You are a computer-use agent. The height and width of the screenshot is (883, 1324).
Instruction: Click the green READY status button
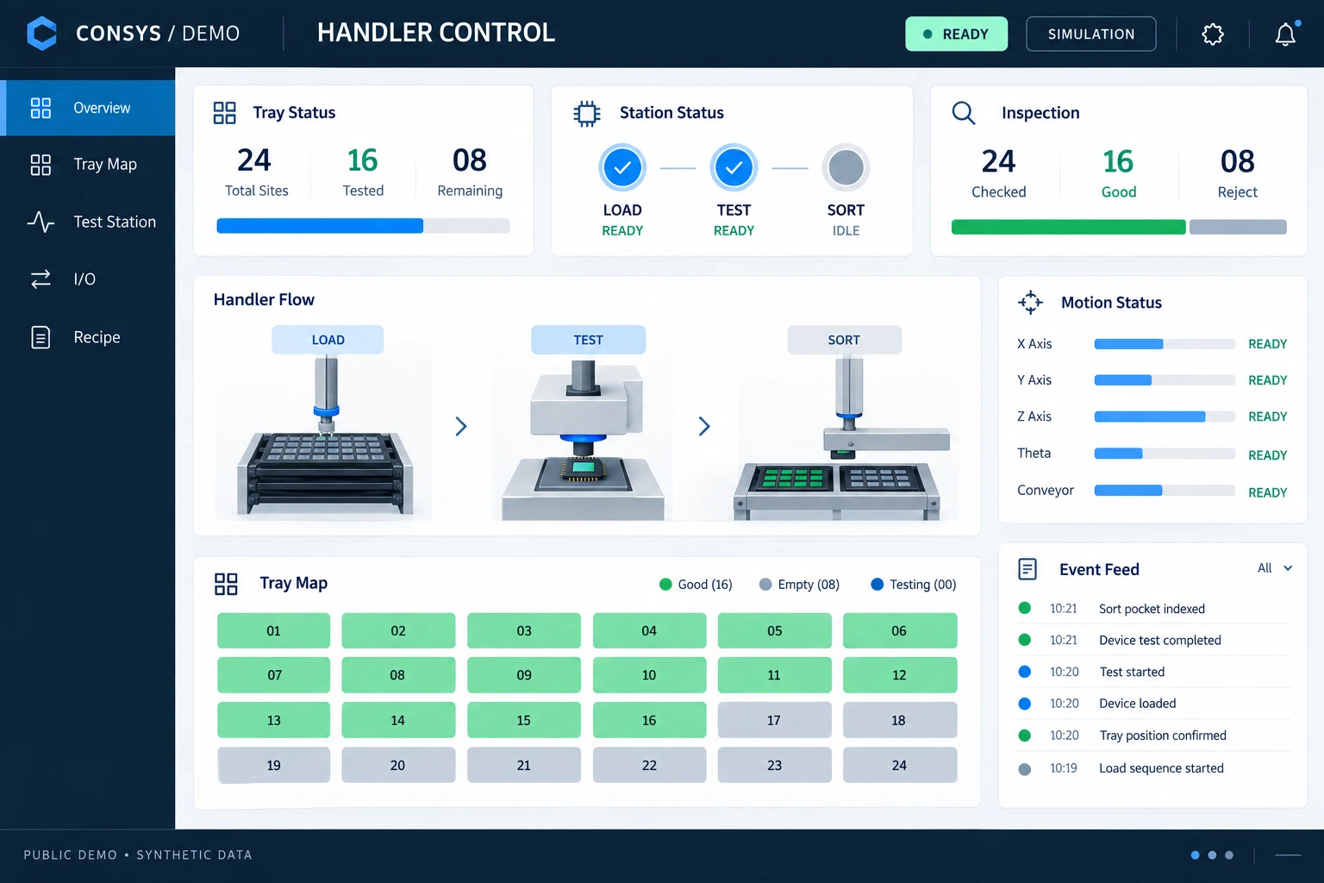[956, 34]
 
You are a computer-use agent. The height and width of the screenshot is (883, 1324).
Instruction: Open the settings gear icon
[1212, 34]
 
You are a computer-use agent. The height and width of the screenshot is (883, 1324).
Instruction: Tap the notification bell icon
[1285, 34]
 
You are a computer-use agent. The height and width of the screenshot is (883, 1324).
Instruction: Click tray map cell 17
[774, 720]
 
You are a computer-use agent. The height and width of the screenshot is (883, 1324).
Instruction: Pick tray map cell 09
[524, 675]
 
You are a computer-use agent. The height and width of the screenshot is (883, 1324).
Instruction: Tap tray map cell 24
[900, 765]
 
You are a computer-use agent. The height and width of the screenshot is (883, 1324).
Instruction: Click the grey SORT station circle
[846, 167]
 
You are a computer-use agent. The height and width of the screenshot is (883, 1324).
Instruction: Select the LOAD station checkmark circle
[622, 167]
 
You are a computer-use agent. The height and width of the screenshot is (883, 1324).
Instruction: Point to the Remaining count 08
[470, 160]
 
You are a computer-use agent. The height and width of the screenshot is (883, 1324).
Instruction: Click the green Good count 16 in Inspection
[1118, 161]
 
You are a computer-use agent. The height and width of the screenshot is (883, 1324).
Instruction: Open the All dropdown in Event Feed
[1275, 568]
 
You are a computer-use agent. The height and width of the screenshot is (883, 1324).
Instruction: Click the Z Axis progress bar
[1165, 416]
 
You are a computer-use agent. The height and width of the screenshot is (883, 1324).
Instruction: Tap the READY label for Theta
[1267, 454]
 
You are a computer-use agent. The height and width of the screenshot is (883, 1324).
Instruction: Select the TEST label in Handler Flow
[588, 340]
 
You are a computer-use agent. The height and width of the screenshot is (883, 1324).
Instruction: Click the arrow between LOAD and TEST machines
[461, 426]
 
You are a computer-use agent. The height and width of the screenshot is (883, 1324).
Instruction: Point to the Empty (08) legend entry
[799, 585]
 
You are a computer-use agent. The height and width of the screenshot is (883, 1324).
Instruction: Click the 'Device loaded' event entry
[1137, 703]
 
